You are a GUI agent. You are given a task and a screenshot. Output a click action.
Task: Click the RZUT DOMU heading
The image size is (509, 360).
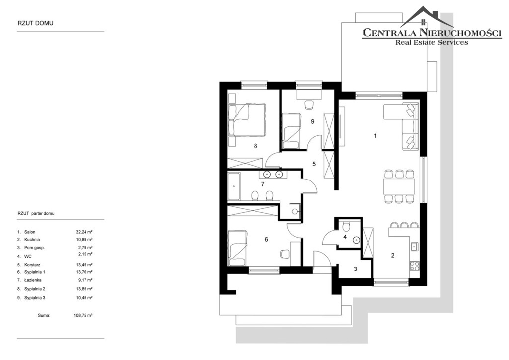click(x=35, y=23)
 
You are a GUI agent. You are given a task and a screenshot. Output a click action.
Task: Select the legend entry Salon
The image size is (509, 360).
click(x=30, y=232)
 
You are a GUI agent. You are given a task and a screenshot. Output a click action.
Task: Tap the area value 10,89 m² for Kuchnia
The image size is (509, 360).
click(x=84, y=239)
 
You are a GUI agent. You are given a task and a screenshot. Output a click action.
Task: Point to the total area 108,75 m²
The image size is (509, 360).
click(x=83, y=315)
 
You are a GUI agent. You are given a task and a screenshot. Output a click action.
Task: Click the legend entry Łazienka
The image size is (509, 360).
click(x=33, y=280)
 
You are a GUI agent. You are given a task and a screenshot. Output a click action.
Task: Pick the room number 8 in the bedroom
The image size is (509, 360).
click(x=255, y=146)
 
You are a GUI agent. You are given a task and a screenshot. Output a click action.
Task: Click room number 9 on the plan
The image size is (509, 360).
click(x=312, y=121)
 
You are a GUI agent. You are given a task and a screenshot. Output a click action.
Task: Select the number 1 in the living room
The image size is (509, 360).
click(x=375, y=136)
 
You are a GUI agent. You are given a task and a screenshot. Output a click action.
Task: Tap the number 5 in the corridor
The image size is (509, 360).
click(x=314, y=164)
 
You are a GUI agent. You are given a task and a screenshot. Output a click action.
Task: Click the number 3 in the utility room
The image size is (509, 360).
click(x=356, y=269)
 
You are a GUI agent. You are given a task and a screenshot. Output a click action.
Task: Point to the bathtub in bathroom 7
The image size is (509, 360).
click(x=234, y=186)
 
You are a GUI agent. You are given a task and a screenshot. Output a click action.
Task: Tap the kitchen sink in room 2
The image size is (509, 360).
click(x=415, y=247)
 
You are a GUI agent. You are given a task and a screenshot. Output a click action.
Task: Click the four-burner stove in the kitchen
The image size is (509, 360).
click(x=415, y=266)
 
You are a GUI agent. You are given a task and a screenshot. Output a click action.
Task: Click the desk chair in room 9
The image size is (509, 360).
click(x=309, y=105)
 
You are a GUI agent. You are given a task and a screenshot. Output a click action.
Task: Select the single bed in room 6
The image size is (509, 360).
click(x=238, y=248)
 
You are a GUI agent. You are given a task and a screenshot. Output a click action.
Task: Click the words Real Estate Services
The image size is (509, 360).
click(x=431, y=42)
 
